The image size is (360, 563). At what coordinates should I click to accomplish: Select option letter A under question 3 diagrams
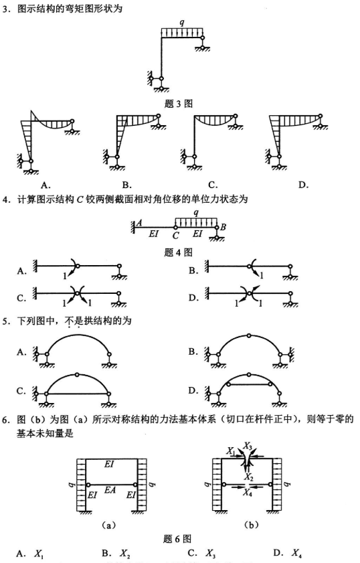(45, 184)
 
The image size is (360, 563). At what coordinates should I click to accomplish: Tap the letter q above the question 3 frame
(182, 23)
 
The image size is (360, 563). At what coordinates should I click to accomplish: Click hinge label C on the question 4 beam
(175, 236)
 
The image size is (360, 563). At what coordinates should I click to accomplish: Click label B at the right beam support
(223, 226)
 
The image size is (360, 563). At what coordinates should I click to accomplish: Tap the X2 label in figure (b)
(248, 477)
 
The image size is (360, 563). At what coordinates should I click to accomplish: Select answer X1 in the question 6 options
(39, 553)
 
